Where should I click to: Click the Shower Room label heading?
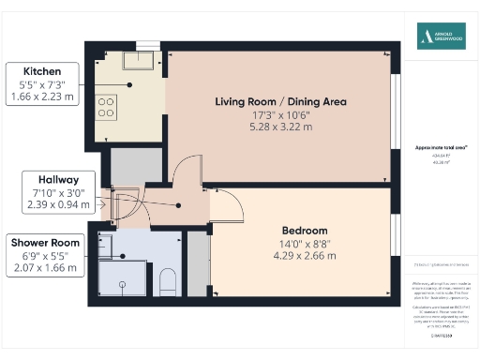click(45, 243)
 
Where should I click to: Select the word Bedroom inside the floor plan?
click(305, 230)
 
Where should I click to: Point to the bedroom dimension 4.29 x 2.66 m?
click(305, 255)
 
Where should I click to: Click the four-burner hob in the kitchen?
click(106, 106)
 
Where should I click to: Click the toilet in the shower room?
click(169, 280)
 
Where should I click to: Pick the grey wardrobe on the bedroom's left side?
click(197, 262)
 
